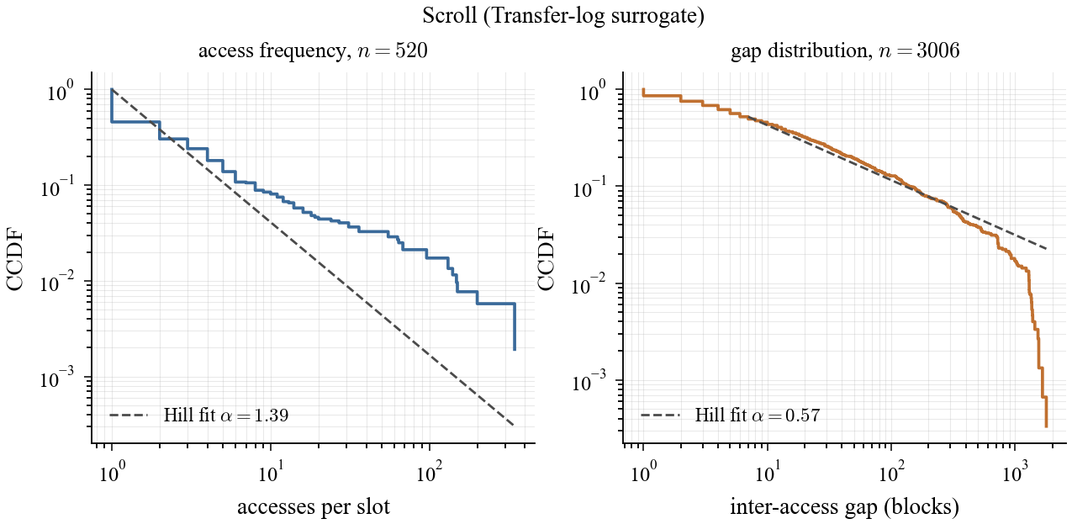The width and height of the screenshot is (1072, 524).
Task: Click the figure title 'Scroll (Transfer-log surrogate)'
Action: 536,16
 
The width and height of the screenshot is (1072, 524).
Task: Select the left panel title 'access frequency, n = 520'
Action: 313,52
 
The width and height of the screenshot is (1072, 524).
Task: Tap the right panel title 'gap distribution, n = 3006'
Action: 845,52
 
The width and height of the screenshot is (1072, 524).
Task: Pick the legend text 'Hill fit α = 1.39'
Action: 227,415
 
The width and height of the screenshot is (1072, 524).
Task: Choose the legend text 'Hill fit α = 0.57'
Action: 758,415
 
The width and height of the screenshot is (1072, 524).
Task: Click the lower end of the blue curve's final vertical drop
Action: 514,349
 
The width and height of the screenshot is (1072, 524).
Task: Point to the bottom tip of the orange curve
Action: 1046,426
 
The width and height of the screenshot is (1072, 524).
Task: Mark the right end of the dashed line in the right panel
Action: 1046,249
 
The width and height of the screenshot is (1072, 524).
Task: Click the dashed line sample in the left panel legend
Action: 129,415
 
